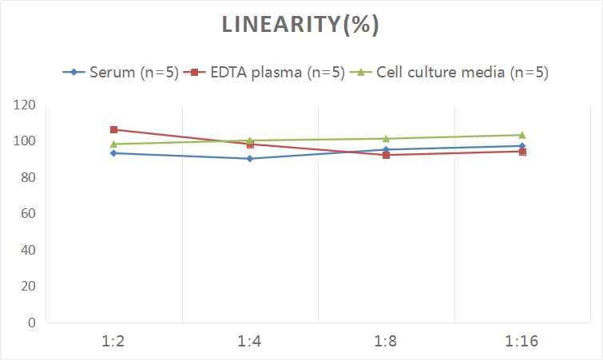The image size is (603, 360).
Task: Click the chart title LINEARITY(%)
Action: tap(300, 26)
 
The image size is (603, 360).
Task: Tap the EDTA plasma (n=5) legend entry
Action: tap(264, 73)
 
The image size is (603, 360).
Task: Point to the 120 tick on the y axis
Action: tap(24, 105)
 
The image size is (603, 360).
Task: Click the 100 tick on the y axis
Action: tap(24, 141)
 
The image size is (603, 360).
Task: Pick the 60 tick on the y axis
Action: tap(27, 214)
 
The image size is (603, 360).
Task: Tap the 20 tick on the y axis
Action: tap(27, 287)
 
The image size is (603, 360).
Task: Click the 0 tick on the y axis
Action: tap(31, 322)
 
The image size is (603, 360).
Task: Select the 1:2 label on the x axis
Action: tap(114, 342)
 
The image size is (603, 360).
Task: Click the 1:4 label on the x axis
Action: tap(250, 342)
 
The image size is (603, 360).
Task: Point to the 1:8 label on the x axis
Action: tap(387, 342)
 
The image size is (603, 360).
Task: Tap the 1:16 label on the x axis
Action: tap(522, 342)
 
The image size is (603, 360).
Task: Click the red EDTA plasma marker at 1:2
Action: tap(114, 129)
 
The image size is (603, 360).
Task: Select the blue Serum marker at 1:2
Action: tap(114, 153)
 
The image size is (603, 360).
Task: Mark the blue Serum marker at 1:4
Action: tap(250, 159)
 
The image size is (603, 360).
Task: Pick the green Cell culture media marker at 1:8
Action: tap(387, 139)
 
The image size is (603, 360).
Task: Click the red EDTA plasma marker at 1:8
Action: tap(387, 155)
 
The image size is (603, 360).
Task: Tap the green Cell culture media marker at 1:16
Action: tap(522, 135)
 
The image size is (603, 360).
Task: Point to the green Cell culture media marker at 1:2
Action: tap(114, 144)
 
